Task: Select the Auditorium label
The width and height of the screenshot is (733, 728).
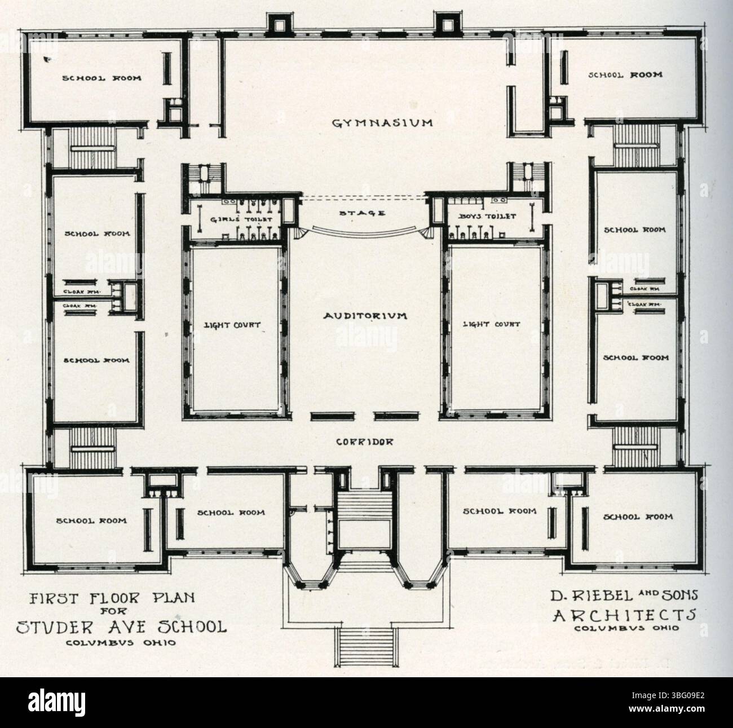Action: coord(365,316)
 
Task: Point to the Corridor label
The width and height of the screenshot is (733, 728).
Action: coord(364,443)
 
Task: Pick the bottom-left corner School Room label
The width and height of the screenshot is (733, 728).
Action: coord(91,521)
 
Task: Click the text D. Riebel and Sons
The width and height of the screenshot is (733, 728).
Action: coord(624,595)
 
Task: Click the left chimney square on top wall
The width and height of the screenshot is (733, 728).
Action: coord(279,25)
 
